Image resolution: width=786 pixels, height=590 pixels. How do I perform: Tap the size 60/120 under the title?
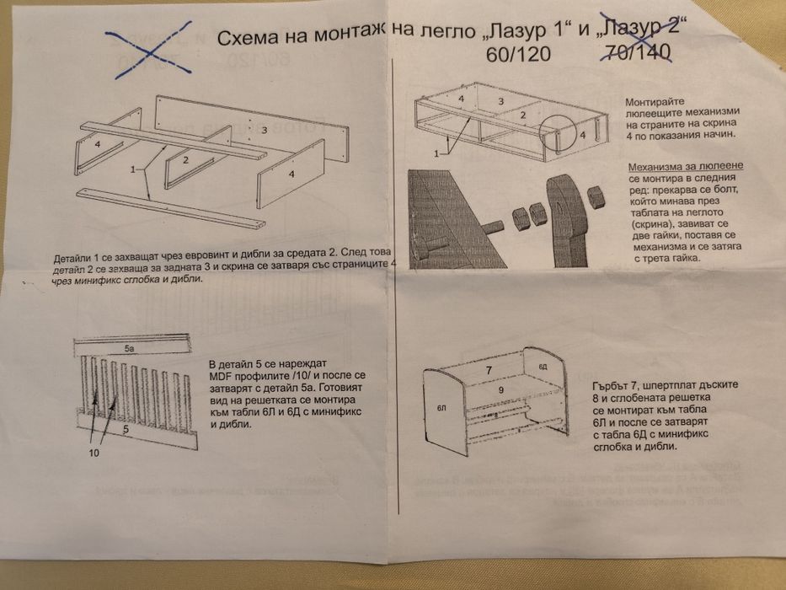click(516, 56)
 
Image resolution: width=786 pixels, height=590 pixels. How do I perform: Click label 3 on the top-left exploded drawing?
click(264, 130)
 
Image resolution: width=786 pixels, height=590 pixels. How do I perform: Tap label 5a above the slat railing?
click(129, 347)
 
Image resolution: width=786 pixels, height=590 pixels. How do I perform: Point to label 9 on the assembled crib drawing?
click(500, 390)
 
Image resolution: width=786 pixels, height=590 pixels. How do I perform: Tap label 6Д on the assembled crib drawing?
click(543, 367)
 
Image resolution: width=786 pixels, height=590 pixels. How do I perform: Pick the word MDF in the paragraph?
click(221, 377)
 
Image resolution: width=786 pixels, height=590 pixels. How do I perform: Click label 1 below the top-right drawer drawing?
click(437, 154)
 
